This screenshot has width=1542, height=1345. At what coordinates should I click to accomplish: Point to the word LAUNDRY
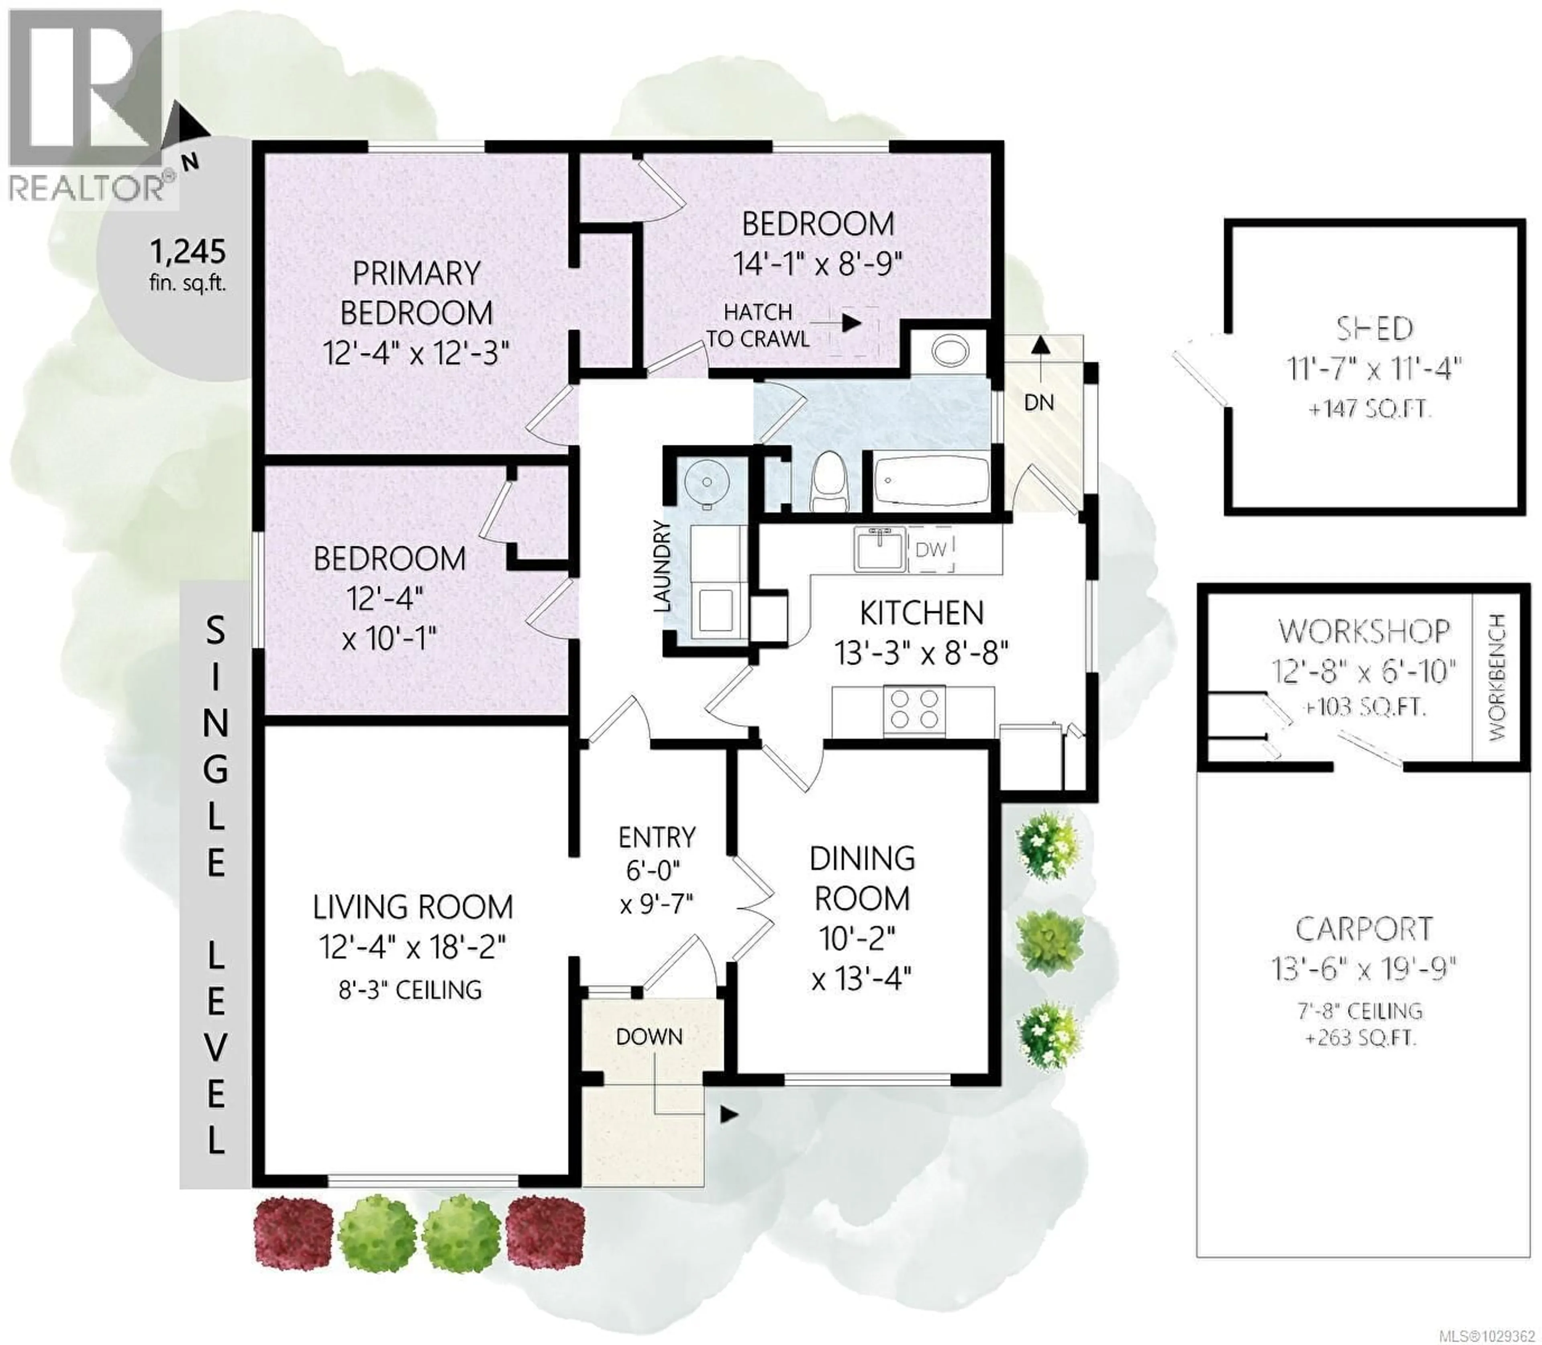(x=662, y=567)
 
